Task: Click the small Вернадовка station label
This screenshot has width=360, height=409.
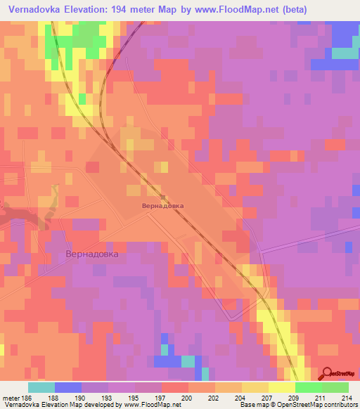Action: (162, 206)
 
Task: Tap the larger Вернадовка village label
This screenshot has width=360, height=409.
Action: (91, 253)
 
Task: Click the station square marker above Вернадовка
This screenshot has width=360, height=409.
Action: (162, 197)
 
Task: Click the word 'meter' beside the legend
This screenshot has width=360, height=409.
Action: (11, 397)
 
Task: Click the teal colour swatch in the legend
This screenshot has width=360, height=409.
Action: (41, 387)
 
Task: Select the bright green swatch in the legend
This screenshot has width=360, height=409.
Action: (309, 387)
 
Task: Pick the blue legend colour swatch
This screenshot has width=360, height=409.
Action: (68, 387)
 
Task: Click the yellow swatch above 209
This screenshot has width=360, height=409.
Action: (282, 387)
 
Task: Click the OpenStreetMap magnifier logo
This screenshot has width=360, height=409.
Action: (328, 373)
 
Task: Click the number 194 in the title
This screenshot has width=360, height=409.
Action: (129, 8)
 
